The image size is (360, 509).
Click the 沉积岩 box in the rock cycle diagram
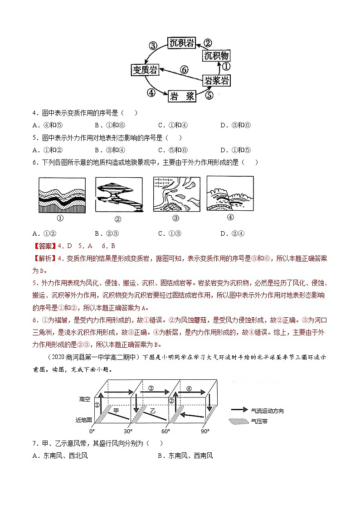tap(181, 44)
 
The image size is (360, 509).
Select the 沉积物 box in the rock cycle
tap(216, 56)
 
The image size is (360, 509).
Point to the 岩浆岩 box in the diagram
tap(216, 81)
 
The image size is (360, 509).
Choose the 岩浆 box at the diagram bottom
tap(183, 96)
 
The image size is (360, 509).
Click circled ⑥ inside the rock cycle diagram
tap(184, 70)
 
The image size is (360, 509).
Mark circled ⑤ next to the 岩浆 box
tap(209, 96)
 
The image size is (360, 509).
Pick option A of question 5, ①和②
tap(50, 150)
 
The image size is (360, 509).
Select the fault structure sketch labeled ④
tap(230, 193)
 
